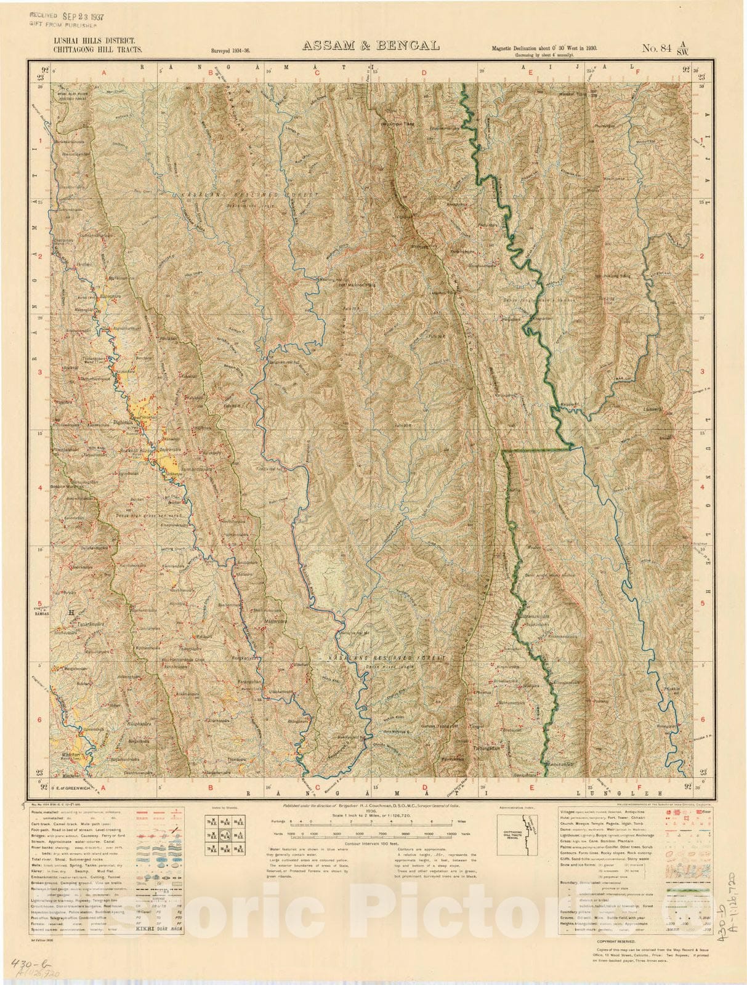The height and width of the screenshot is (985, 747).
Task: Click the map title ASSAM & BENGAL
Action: click(x=369, y=46)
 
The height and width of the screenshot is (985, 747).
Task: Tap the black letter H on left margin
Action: click(x=71, y=613)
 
